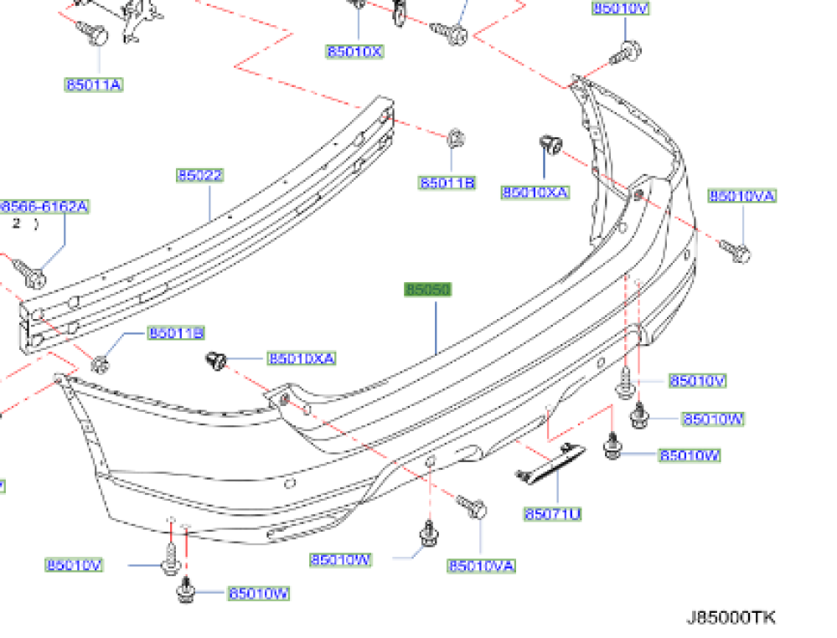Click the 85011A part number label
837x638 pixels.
[94, 85]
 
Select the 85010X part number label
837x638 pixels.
[354, 51]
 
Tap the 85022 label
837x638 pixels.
[199, 176]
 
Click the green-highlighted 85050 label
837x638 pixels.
[427, 290]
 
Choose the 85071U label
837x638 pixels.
[552, 514]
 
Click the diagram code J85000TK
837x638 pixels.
[731, 618]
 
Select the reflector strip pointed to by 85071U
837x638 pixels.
[551, 463]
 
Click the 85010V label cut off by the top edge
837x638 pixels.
[621, 8]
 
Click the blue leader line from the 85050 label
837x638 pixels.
[437, 327]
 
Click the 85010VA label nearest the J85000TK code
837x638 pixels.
[481, 567]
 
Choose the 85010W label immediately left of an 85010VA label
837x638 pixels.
[340, 559]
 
